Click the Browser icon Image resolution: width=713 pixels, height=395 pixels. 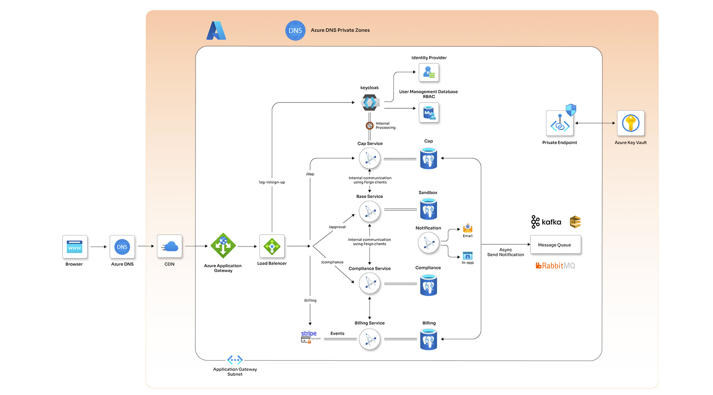(74, 247)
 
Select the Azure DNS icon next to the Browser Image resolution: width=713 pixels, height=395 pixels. (122, 247)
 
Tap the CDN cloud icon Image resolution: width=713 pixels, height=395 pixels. (170, 247)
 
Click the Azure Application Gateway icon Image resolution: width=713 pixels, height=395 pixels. (223, 246)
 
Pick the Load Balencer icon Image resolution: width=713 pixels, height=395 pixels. (272, 246)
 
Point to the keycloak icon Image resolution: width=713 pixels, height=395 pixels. (369, 103)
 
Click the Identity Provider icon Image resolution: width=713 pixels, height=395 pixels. (429, 72)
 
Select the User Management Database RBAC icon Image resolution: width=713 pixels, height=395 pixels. (429, 113)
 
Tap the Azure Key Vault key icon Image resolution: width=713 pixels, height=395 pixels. (631, 123)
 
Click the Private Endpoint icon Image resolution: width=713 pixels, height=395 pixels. (560, 123)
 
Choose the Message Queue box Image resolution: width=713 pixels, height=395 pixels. (555, 245)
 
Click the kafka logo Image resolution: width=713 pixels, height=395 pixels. (546, 222)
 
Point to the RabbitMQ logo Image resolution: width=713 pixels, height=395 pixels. (555, 266)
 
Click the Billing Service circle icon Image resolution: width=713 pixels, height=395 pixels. (369, 340)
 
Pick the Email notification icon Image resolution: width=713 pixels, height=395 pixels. (467, 228)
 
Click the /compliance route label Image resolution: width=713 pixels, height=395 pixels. (332, 262)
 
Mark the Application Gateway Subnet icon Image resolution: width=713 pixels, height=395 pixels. (235, 360)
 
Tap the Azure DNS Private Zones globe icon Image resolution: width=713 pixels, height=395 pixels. (295, 31)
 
